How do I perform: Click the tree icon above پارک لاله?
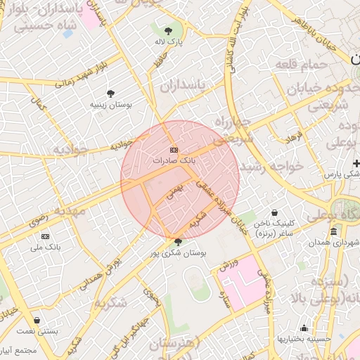[168, 31]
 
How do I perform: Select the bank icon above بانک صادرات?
[174, 150]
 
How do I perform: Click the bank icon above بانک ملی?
[46, 236]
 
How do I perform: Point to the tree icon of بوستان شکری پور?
[177, 242]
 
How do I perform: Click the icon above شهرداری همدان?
[333, 232]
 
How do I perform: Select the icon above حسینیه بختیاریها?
[304, 328]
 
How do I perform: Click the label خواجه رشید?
[271, 167]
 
